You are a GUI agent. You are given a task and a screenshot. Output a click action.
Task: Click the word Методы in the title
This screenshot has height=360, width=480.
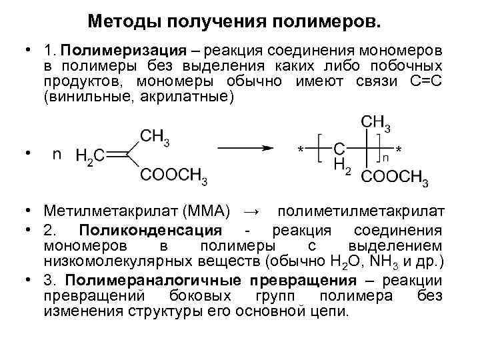(x=121, y=23)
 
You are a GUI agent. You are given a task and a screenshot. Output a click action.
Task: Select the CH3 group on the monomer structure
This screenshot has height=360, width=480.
(x=155, y=136)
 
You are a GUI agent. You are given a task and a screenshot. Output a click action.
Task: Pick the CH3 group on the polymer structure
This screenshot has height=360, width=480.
(x=375, y=123)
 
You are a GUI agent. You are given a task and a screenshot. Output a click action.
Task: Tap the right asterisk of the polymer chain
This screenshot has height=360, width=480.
(x=399, y=149)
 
